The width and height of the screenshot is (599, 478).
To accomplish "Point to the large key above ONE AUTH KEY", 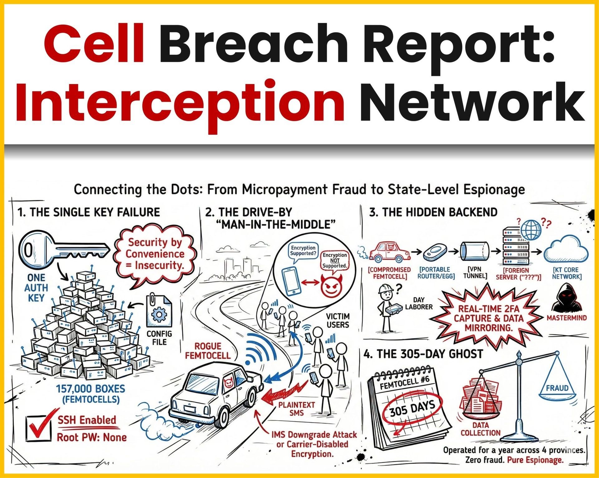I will (x=62, y=250).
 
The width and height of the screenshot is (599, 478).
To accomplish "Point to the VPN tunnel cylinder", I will (x=474, y=251).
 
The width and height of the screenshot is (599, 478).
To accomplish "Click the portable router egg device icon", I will (x=435, y=251).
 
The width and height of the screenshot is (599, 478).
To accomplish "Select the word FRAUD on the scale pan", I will (x=557, y=388).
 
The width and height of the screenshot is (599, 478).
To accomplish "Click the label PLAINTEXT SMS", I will (x=296, y=409).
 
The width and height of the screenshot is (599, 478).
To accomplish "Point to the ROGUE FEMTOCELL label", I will (x=207, y=351).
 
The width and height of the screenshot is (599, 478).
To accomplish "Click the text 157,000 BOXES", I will (x=90, y=389).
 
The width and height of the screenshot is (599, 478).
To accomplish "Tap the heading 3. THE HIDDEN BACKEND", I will (x=433, y=212).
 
